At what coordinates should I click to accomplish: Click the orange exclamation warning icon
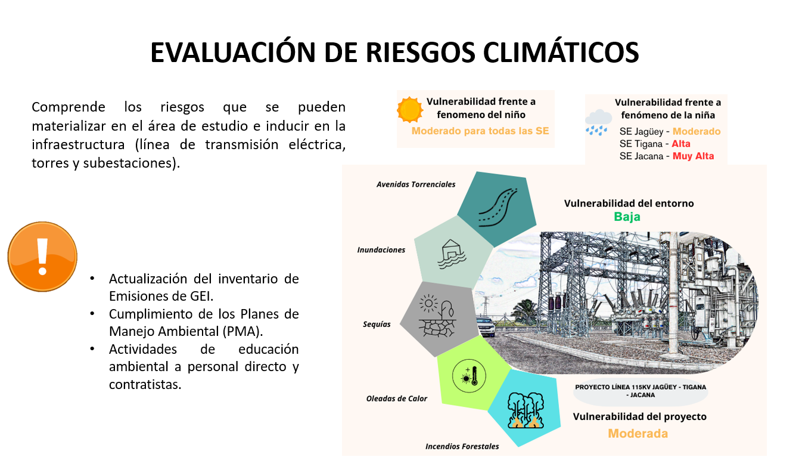[x=42, y=257]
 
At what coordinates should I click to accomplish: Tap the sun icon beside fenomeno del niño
[x=410, y=110]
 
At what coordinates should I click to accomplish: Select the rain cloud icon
[x=598, y=122]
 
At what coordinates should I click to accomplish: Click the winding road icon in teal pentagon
[x=498, y=207]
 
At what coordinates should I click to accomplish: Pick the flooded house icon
[x=452, y=254]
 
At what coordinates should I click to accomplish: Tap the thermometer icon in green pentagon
[x=469, y=376]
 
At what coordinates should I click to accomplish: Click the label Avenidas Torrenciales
[x=416, y=184]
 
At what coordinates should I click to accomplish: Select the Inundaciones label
[x=381, y=250]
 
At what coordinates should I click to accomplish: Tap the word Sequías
[x=377, y=325]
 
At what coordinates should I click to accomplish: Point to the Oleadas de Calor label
[x=396, y=399]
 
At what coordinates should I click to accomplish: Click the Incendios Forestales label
[x=462, y=446]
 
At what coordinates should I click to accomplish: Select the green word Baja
[x=627, y=217]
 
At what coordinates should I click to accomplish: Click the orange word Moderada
[x=638, y=433]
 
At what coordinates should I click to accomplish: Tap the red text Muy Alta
[x=693, y=156]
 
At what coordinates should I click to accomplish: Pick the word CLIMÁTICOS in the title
[x=561, y=53]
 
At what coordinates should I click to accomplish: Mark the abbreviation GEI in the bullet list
[x=201, y=296]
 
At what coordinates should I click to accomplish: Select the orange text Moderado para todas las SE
[x=480, y=131]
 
